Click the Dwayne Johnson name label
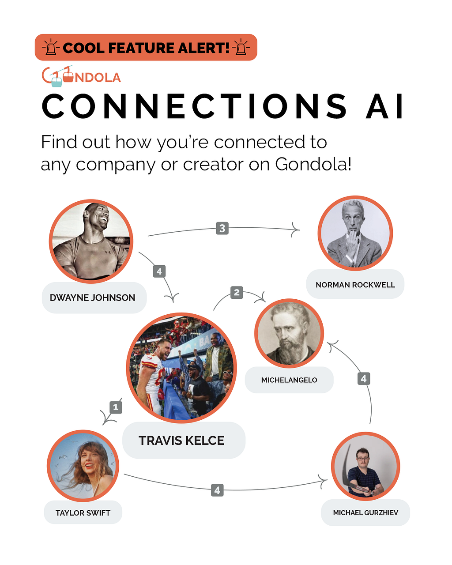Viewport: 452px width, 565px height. (x=92, y=298)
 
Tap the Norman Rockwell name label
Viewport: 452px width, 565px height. (x=355, y=285)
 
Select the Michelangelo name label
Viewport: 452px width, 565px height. (x=289, y=380)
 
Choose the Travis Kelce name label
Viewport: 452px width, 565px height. (x=181, y=441)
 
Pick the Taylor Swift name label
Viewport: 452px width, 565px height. (x=83, y=513)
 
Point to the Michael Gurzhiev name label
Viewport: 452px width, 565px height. (x=365, y=513)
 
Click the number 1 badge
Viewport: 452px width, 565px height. (x=116, y=407)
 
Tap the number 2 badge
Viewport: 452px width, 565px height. (x=237, y=292)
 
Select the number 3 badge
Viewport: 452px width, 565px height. (x=222, y=228)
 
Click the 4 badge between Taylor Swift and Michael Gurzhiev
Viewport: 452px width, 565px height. (x=217, y=490)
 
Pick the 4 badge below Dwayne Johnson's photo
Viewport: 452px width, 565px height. (x=159, y=271)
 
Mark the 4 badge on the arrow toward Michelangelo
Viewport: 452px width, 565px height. (x=364, y=378)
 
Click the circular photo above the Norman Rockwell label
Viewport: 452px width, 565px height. (x=355, y=233)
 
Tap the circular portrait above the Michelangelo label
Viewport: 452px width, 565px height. (x=289, y=333)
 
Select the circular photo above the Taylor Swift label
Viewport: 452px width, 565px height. (x=83, y=466)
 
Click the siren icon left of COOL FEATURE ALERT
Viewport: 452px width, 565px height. (x=51, y=47)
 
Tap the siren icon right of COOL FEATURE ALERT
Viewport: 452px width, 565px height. (x=241, y=47)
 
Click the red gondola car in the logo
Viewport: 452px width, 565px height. (x=68, y=77)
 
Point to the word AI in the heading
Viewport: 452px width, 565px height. (x=384, y=106)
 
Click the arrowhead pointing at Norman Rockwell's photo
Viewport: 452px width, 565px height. (x=297, y=230)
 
